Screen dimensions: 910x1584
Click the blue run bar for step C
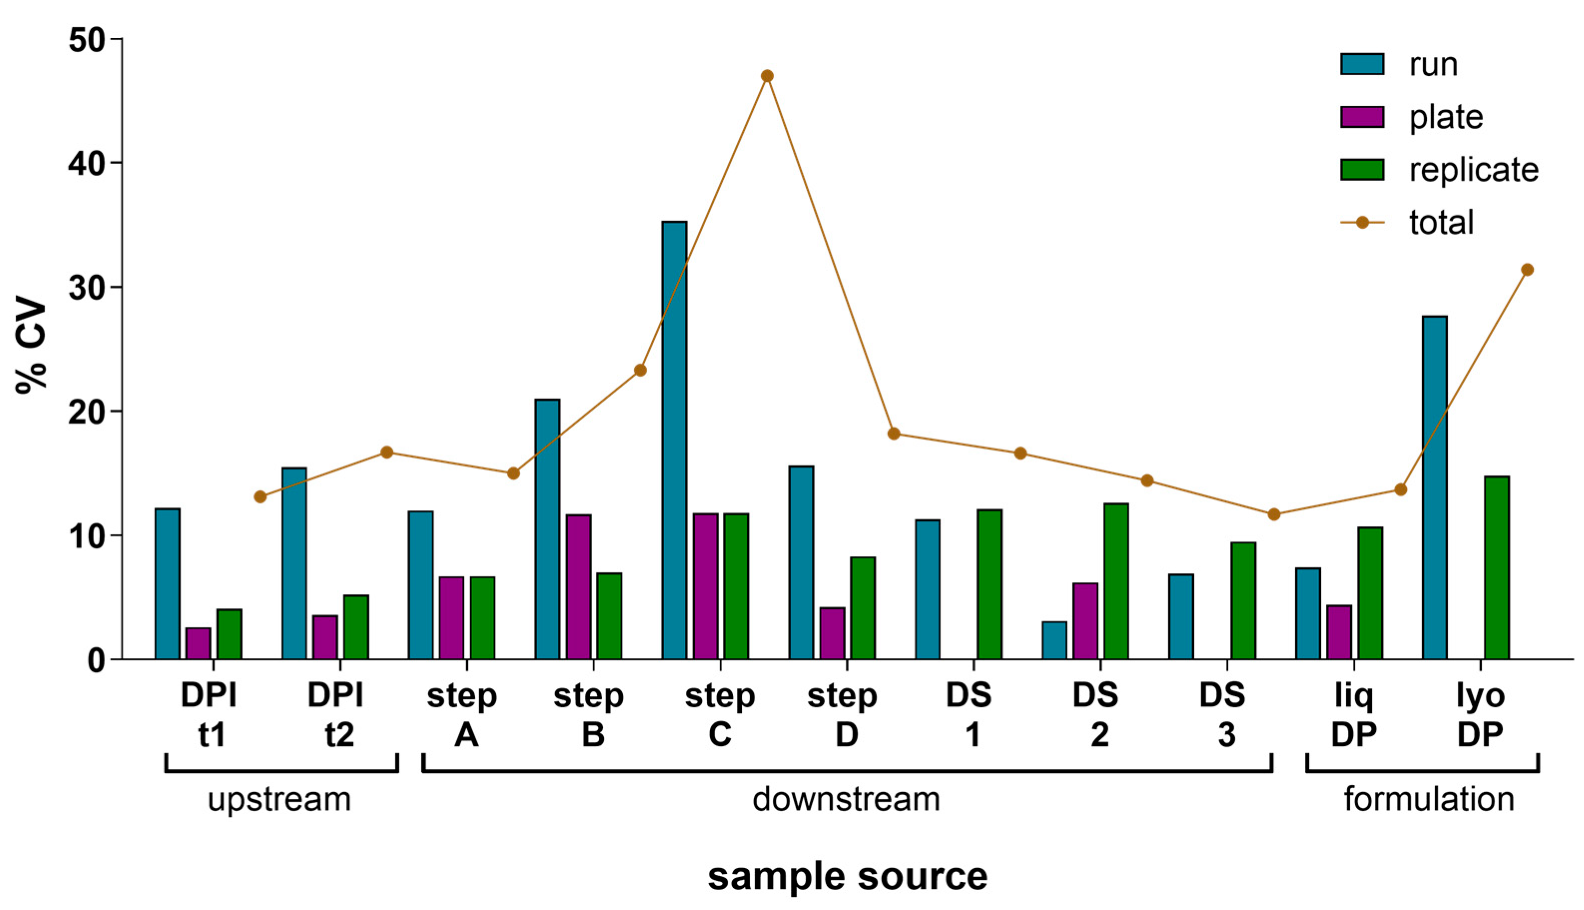(674, 441)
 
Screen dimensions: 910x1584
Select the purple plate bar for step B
(579, 587)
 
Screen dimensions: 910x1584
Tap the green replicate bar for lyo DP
(1497, 567)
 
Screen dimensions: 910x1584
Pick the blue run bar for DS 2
(1054, 641)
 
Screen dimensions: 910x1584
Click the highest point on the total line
(767, 76)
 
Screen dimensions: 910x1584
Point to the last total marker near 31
(1527, 270)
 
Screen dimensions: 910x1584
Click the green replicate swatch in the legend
(1361, 169)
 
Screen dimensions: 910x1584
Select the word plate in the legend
(1446, 117)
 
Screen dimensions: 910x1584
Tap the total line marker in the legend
(1361, 223)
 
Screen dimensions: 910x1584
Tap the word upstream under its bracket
(279, 799)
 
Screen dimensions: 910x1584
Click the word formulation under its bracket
(1429, 799)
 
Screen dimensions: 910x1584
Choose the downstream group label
(846, 799)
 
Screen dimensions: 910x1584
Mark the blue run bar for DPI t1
(168, 584)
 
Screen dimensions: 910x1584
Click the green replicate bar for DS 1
(989, 584)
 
